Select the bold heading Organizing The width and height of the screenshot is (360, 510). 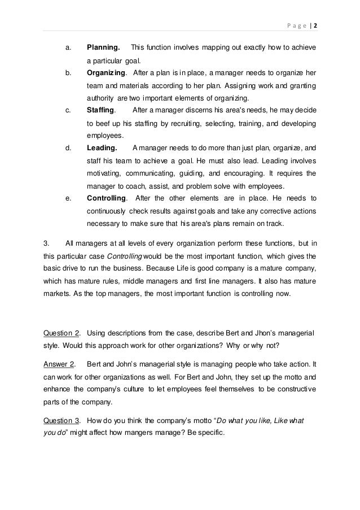107,73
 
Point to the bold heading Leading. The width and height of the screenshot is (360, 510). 102,148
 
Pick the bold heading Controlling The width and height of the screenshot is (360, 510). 107,198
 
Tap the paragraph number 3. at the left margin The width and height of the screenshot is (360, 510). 47,243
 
